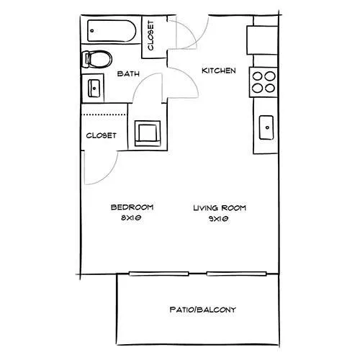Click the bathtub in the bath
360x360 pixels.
112,31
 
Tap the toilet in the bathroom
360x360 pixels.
97,59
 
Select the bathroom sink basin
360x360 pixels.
94,89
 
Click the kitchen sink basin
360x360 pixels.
266,127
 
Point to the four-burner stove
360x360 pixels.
264,82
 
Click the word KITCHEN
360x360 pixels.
219,71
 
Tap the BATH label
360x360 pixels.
128,73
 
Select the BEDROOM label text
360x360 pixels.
132,207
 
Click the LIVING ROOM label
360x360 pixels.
220,208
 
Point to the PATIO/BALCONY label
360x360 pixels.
203,310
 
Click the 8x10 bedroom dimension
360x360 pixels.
131,218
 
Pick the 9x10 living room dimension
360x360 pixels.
218,219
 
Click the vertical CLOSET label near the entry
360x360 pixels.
150,35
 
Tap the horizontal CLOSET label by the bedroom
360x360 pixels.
102,135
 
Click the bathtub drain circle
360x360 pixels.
92,31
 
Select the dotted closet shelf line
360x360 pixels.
104,114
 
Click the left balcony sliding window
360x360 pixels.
159,274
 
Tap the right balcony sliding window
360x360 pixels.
237,274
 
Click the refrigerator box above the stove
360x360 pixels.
262,40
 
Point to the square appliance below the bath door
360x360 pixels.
148,133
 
